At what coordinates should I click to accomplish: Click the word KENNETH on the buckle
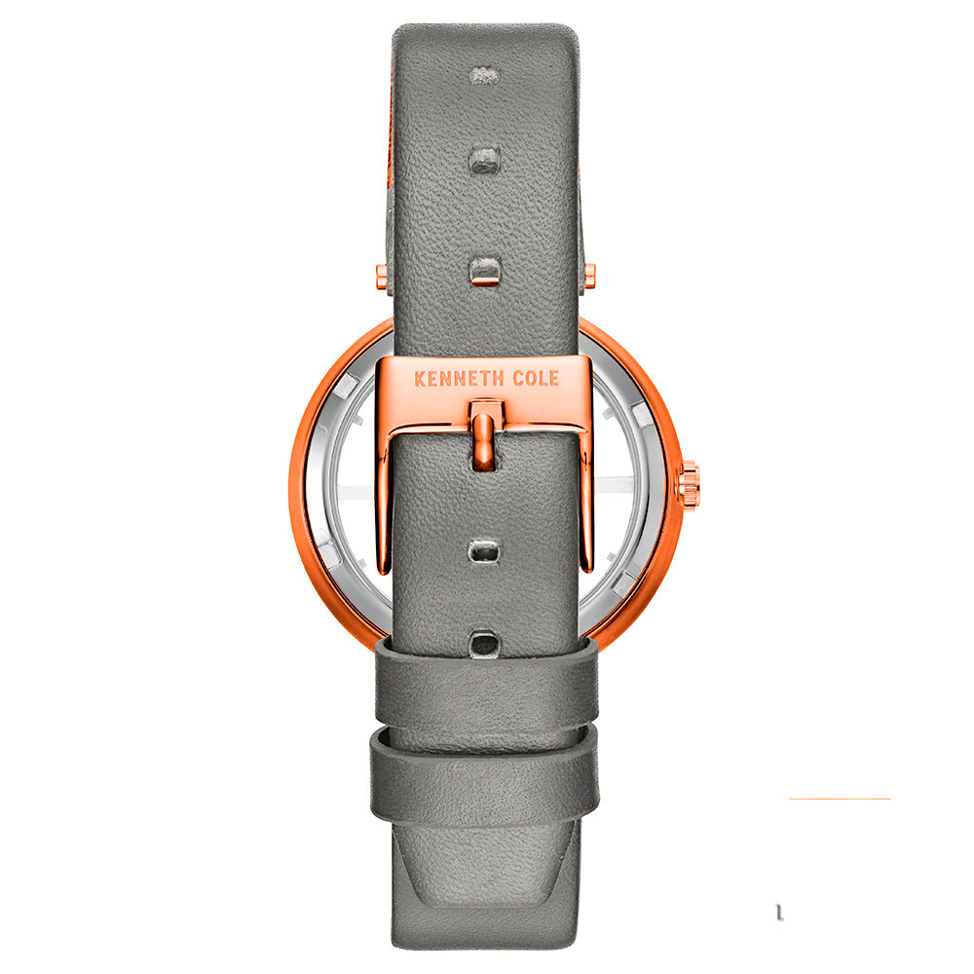459,379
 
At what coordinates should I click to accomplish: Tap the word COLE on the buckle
536,378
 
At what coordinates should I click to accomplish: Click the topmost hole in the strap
484,75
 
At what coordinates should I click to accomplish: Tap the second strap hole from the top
484,160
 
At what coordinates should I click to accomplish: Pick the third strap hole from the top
485,271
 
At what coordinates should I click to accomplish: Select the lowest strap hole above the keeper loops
485,642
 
